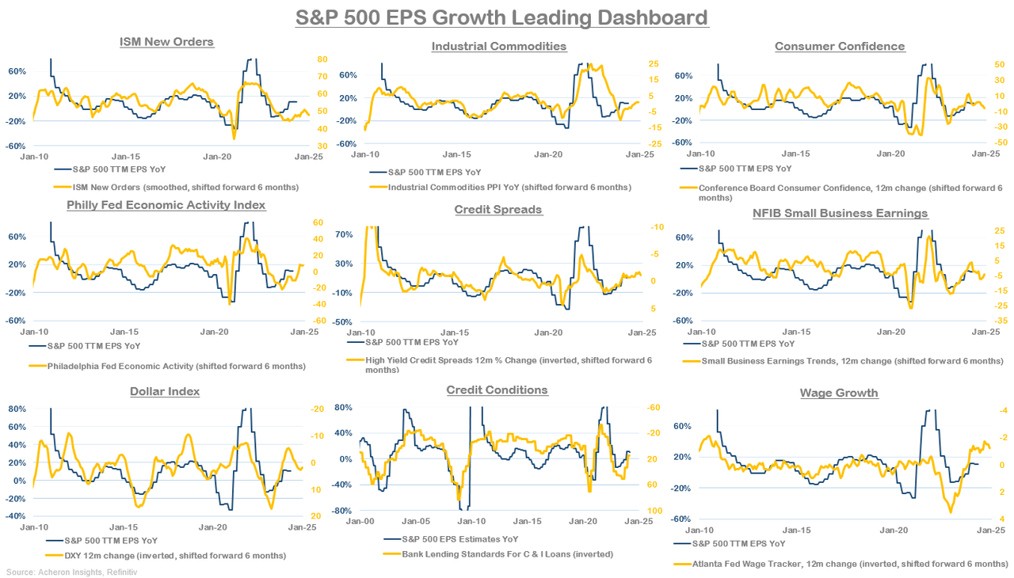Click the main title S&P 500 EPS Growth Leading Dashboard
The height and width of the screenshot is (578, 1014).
pos(501,17)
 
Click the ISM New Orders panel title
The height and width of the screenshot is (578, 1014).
pos(166,41)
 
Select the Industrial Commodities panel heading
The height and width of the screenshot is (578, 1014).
pos(498,46)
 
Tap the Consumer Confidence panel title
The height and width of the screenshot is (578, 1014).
pos(840,46)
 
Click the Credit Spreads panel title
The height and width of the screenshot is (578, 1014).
pos(498,209)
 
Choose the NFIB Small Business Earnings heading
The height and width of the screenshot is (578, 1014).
pos(840,213)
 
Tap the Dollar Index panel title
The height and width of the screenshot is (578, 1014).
pos(165,391)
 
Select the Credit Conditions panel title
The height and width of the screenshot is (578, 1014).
pos(497,390)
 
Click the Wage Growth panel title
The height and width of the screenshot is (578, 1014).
pos(838,393)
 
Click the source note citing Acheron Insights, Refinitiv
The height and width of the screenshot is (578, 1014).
pos(60,571)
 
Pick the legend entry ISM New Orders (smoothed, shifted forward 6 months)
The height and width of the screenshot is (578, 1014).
pos(177,187)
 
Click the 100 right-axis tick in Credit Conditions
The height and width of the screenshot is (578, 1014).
pos(655,511)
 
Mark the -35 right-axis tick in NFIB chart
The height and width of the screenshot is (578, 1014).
pos(1001,321)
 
